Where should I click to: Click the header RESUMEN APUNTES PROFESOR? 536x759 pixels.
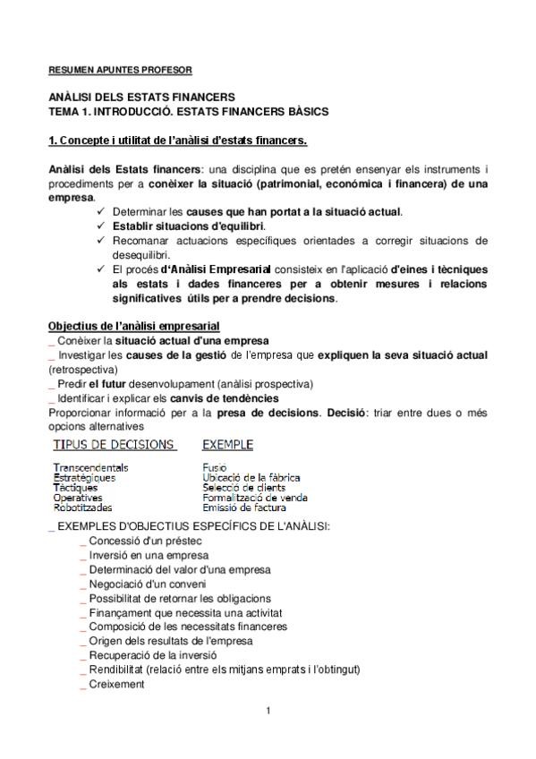[119, 69]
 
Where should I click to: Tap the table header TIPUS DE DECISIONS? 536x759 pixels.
[114, 445]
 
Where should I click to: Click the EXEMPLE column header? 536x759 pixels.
[228, 445]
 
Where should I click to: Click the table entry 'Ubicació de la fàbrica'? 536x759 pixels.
[251, 478]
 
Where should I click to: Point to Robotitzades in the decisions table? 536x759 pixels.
[84, 507]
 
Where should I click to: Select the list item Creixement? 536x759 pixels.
[116, 684]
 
